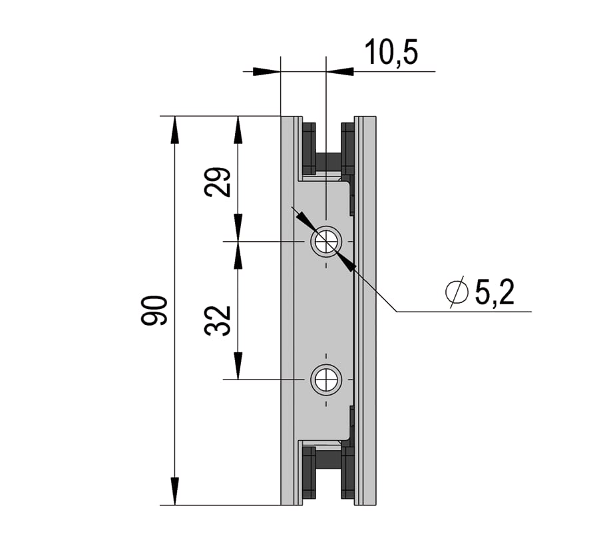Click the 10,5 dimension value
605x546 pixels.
click(x=391, y=52)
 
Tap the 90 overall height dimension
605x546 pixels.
click(x=154, y=310)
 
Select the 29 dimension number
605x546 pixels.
click(x=218, y=182)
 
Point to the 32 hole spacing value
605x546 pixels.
click(x=218, y=320)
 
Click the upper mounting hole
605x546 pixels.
click(x=326, y=242)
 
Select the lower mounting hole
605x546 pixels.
click(x=326, y=380)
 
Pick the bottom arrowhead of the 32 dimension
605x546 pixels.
click(x=238, y=366)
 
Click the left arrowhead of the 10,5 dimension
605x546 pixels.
click(x=267, y=71)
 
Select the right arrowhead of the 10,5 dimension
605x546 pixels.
click(x=340, y=71)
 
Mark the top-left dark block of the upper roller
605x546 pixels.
click(x=309, y=149)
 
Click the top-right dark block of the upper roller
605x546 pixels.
click(x=348, y=149)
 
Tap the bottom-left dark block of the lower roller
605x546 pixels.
click(x=309, y=473)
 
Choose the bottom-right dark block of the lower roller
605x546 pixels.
click(x=348, y=473)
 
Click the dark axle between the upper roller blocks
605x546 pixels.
click(x=328, y=162)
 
